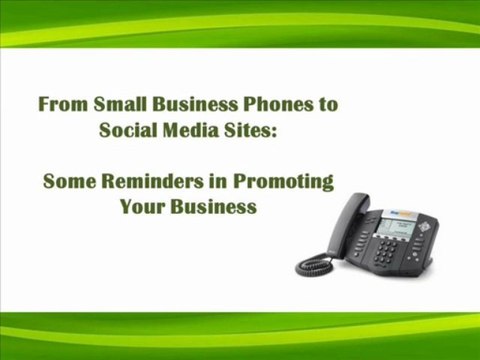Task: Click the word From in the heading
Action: click(x=61, y=103)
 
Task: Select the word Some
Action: click(x=69, y=182)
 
